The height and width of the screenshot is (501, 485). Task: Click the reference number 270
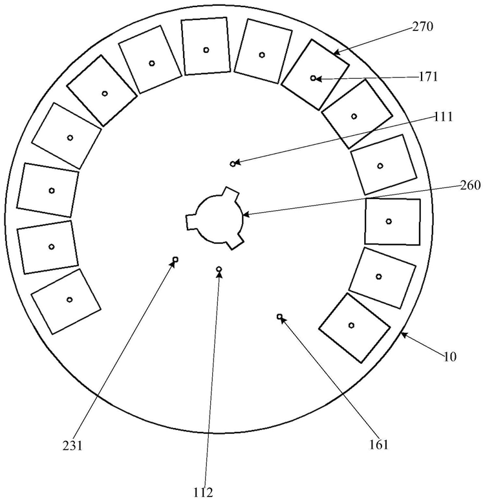[x=422, y=27]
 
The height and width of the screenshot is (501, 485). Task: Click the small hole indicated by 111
[x=233, y=164]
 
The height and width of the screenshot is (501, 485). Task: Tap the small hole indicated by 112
[x=219, y=269]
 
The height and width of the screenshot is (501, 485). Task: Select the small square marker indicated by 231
[x=175, y=260]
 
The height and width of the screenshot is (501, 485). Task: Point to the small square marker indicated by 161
[x=279, y=317]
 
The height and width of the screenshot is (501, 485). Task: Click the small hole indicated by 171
[x=313, y=78]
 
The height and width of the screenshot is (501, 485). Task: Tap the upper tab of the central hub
[x=230, y=194]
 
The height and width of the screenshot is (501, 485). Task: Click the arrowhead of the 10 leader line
[x=402, y=334]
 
